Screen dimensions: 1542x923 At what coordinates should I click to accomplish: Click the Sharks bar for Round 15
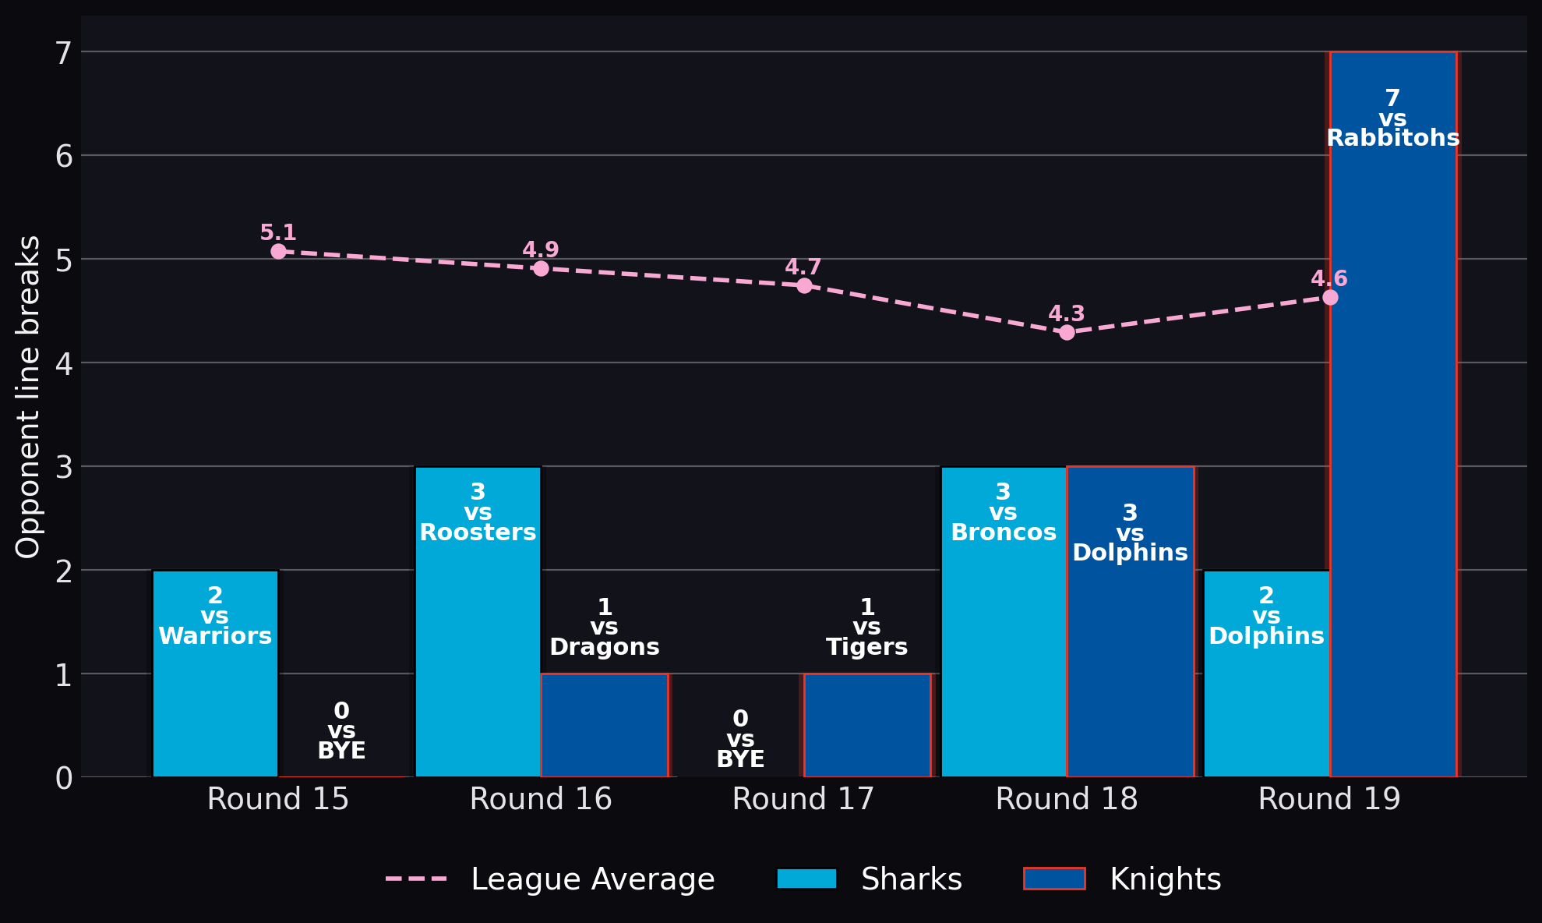pos(215,674)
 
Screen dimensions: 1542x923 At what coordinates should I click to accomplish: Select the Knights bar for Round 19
pos(1393,414)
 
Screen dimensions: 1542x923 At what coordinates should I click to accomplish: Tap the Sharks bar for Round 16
pos(478,621)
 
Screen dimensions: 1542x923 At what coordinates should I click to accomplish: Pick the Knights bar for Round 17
pos(867,725)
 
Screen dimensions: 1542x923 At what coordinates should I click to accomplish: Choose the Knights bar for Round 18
pos(1131,621)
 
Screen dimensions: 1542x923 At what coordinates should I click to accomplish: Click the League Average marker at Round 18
pos(1067,332)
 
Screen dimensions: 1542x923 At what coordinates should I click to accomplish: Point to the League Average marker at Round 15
pos(278,251)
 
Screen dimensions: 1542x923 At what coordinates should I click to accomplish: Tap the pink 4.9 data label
pos(541,250)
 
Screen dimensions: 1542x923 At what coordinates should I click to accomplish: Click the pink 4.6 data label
pos(1329,279)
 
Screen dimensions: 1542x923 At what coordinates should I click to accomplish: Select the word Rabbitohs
pos(1393,138)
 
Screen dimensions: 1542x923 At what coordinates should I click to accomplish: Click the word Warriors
pos(215,636)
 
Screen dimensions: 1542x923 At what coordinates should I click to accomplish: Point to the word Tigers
pos(867,647)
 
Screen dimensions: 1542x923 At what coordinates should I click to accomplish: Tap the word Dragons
pos(605,647)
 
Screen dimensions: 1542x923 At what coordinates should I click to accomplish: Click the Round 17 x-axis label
pos(803,799)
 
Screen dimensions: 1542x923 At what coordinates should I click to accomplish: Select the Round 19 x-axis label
pos(1329,799)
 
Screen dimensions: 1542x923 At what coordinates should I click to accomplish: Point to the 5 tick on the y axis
pos(64,260)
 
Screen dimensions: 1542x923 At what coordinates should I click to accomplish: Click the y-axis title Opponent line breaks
pos(28,397)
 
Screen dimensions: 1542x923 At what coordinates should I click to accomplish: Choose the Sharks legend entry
pos(870,879)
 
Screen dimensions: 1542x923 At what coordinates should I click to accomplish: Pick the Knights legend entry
pos(1123,879)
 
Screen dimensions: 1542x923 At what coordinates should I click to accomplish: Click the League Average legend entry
pos(550,879)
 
